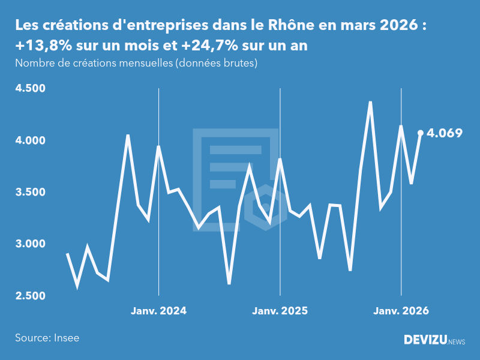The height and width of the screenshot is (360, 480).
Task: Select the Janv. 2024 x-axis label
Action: point(159,311)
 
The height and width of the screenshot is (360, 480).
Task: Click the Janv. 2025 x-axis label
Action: point(280,311)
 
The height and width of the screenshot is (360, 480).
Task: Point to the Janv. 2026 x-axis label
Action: point(401,311)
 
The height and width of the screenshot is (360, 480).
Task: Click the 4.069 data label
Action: point(444,133)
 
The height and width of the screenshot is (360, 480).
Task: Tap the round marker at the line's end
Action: point(421,133)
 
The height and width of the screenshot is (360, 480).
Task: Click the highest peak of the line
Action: point(370,102)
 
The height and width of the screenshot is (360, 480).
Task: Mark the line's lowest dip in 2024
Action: point(229,283)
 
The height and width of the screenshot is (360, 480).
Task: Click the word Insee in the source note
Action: point(67,338)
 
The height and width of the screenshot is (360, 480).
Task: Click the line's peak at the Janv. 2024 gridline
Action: point(158,146)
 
